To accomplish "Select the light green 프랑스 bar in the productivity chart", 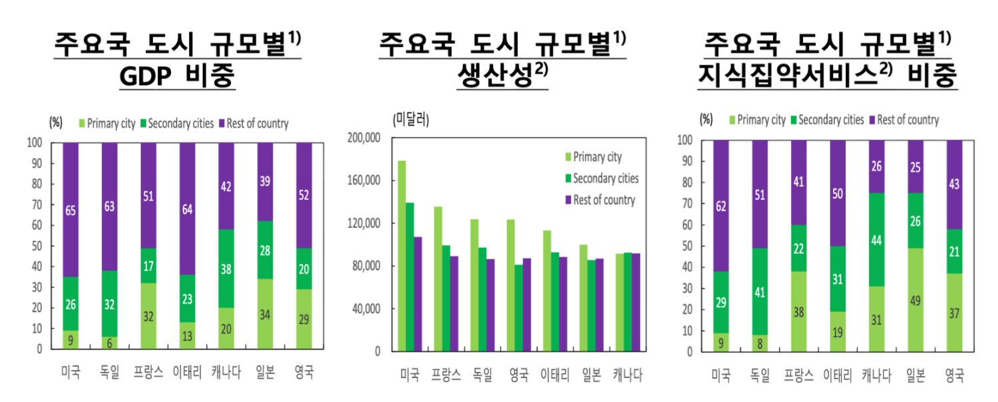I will [438, 279].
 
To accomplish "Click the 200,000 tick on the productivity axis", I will [362, 138].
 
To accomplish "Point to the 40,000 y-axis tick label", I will [365, 308].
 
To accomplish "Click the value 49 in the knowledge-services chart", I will [916, 299].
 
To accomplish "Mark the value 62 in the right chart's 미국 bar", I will [721, 206].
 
